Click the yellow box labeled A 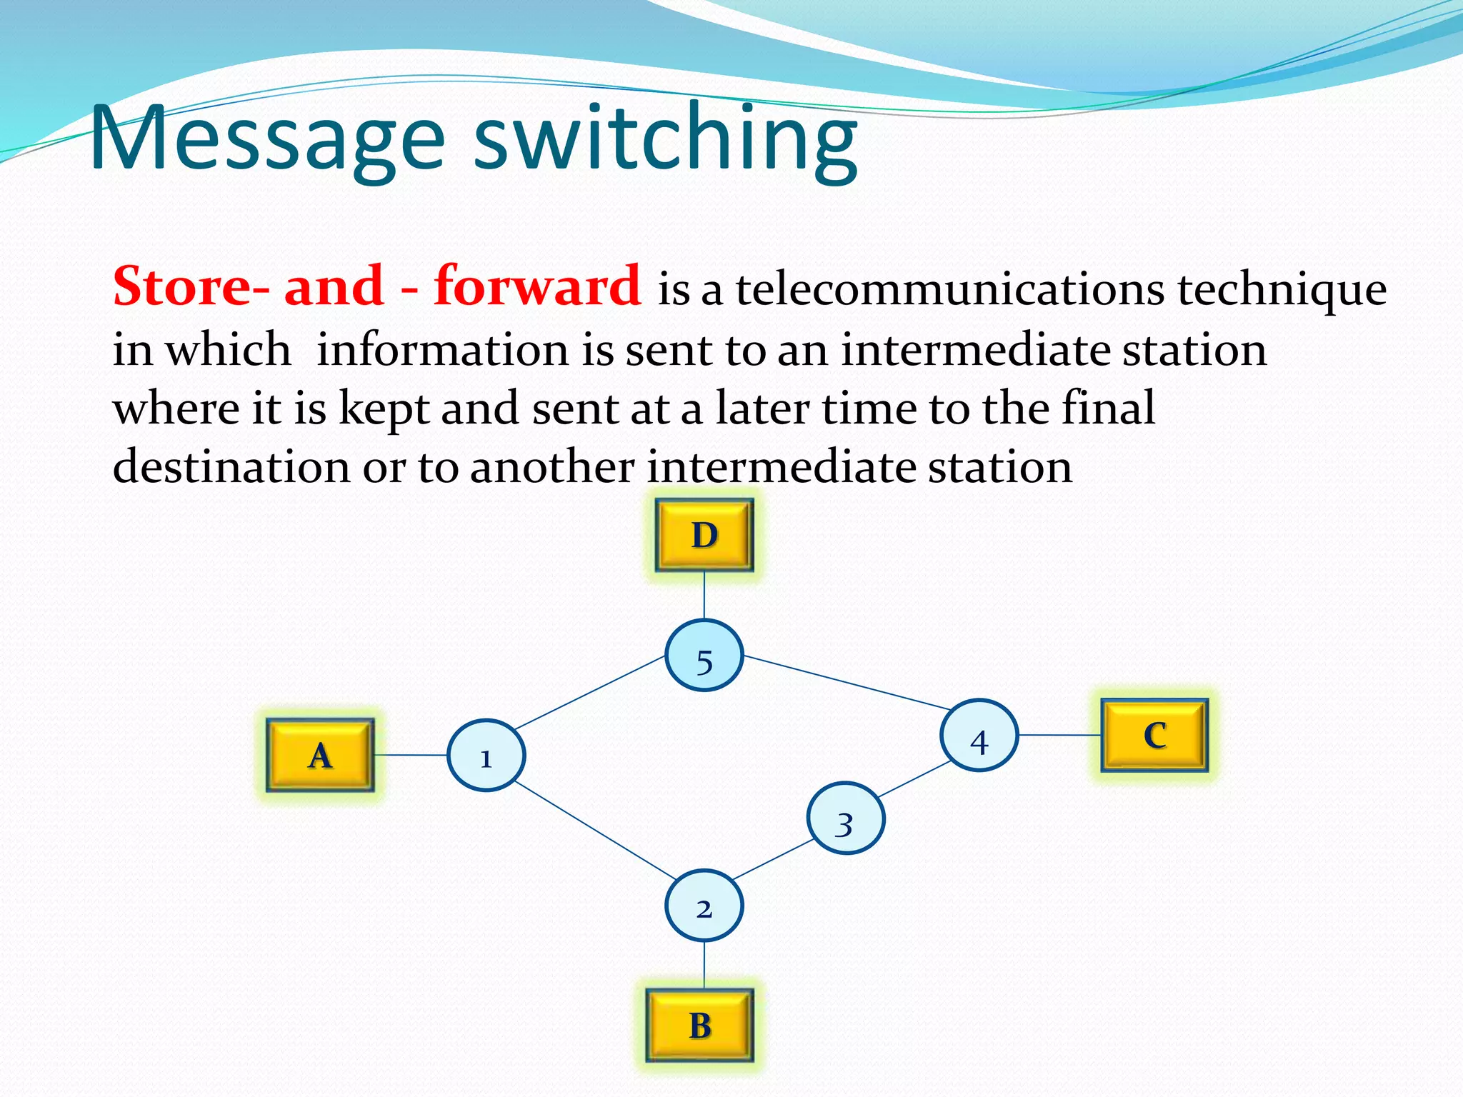(x=320, y=755)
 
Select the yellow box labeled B (x=700, y=1025)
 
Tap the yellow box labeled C (x=1154, y=735)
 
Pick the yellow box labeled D (x=704, y=535)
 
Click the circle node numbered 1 (x=486, y=756)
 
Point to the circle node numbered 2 (x=704, y=906)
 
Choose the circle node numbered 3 (x=846, y=818)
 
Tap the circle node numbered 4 (x=979, y=735)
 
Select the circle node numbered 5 (x=704, y=656)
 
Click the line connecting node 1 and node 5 (x=590, y=693)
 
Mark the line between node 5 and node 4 (x=847, y=683)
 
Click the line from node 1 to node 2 (x=594, y=831)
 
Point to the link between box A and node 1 (x=411, y=755)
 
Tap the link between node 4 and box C (x=1059, y=735)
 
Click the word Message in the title (x=268, y=139)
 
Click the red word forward (x=537, y=286)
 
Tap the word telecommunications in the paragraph (x=950, y=289)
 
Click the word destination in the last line (x=231, y=466)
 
